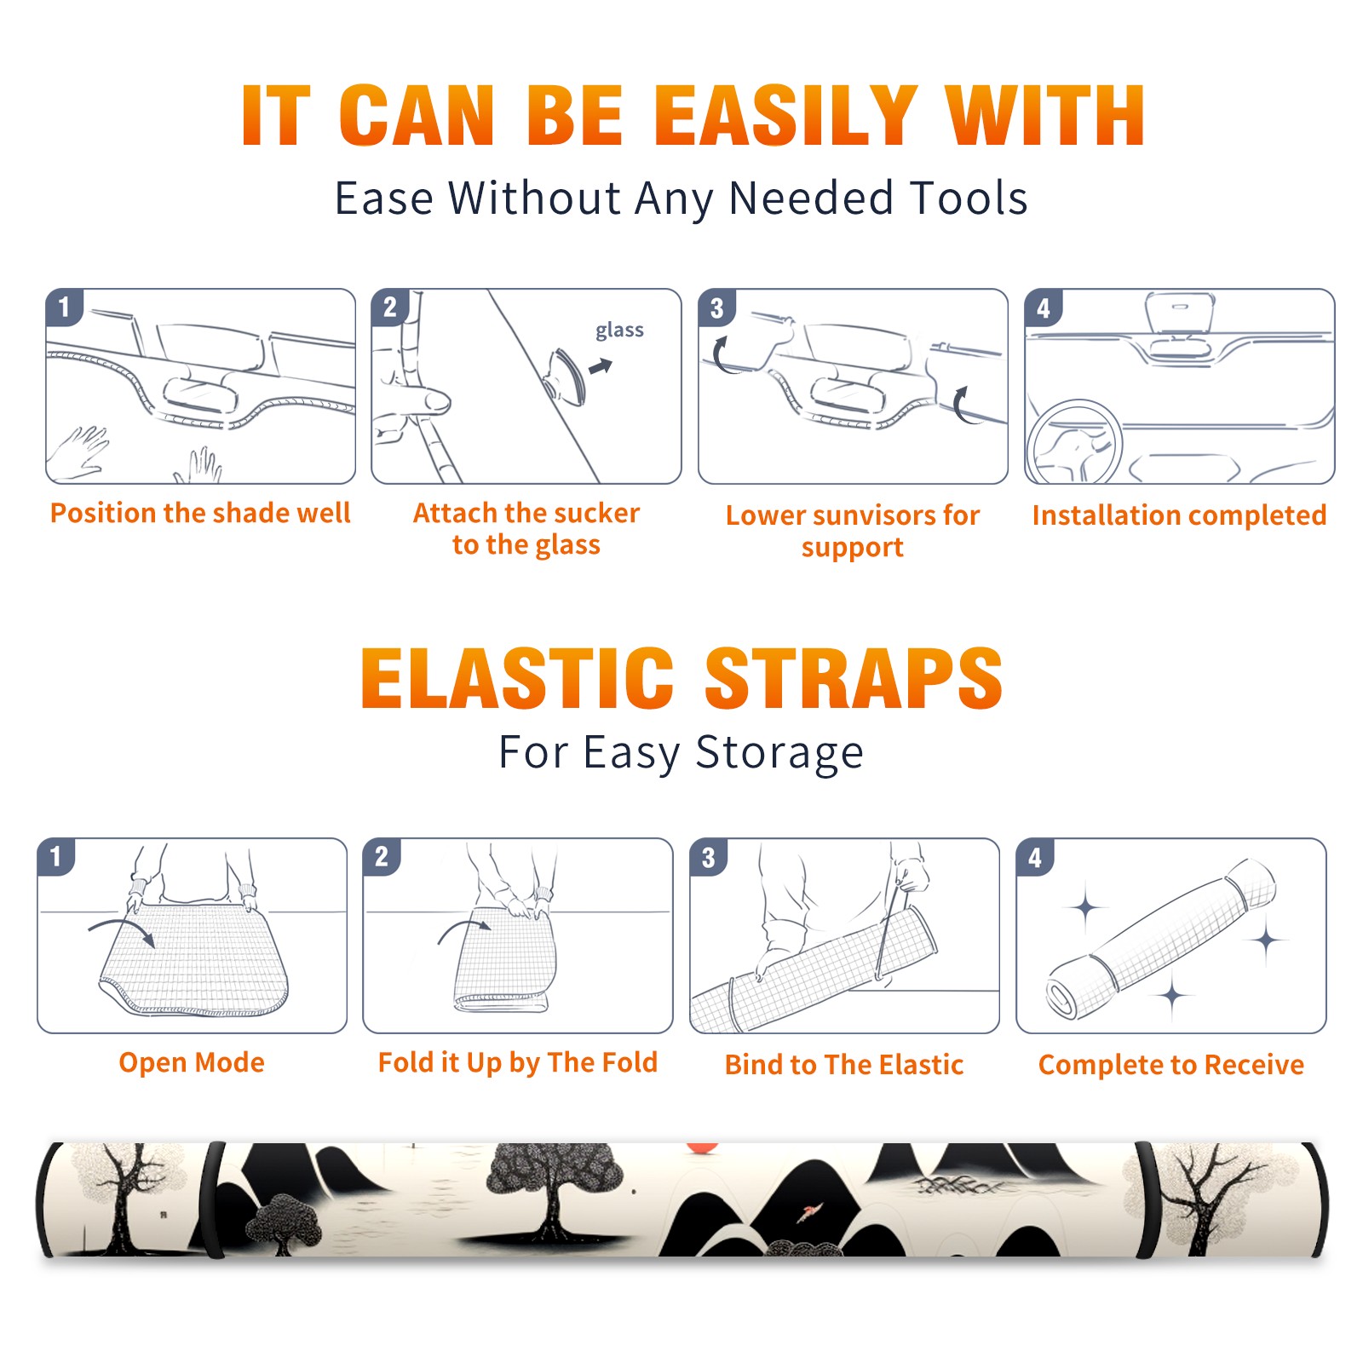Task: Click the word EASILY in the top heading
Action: (x=785, y=116)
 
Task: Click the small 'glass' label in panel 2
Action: (x=619, y=331)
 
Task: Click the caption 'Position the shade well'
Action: (x=200, y=513)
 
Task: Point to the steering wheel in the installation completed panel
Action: (x=1073, y=442)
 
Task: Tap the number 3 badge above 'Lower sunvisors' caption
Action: (x=716, y=308)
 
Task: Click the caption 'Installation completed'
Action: (x=1179, y=515)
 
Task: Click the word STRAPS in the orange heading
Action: (x=854, y=678)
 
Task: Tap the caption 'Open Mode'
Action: (x=192, y=1062)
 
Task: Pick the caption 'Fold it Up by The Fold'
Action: (x=518, y=1062)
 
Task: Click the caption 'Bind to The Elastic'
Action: (x=844, y=1064)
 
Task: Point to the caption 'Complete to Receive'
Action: (x=1171, y=1064)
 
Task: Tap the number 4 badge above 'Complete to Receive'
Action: (x=1035, y=857)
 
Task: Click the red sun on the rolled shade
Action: (x=702, y=1148)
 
